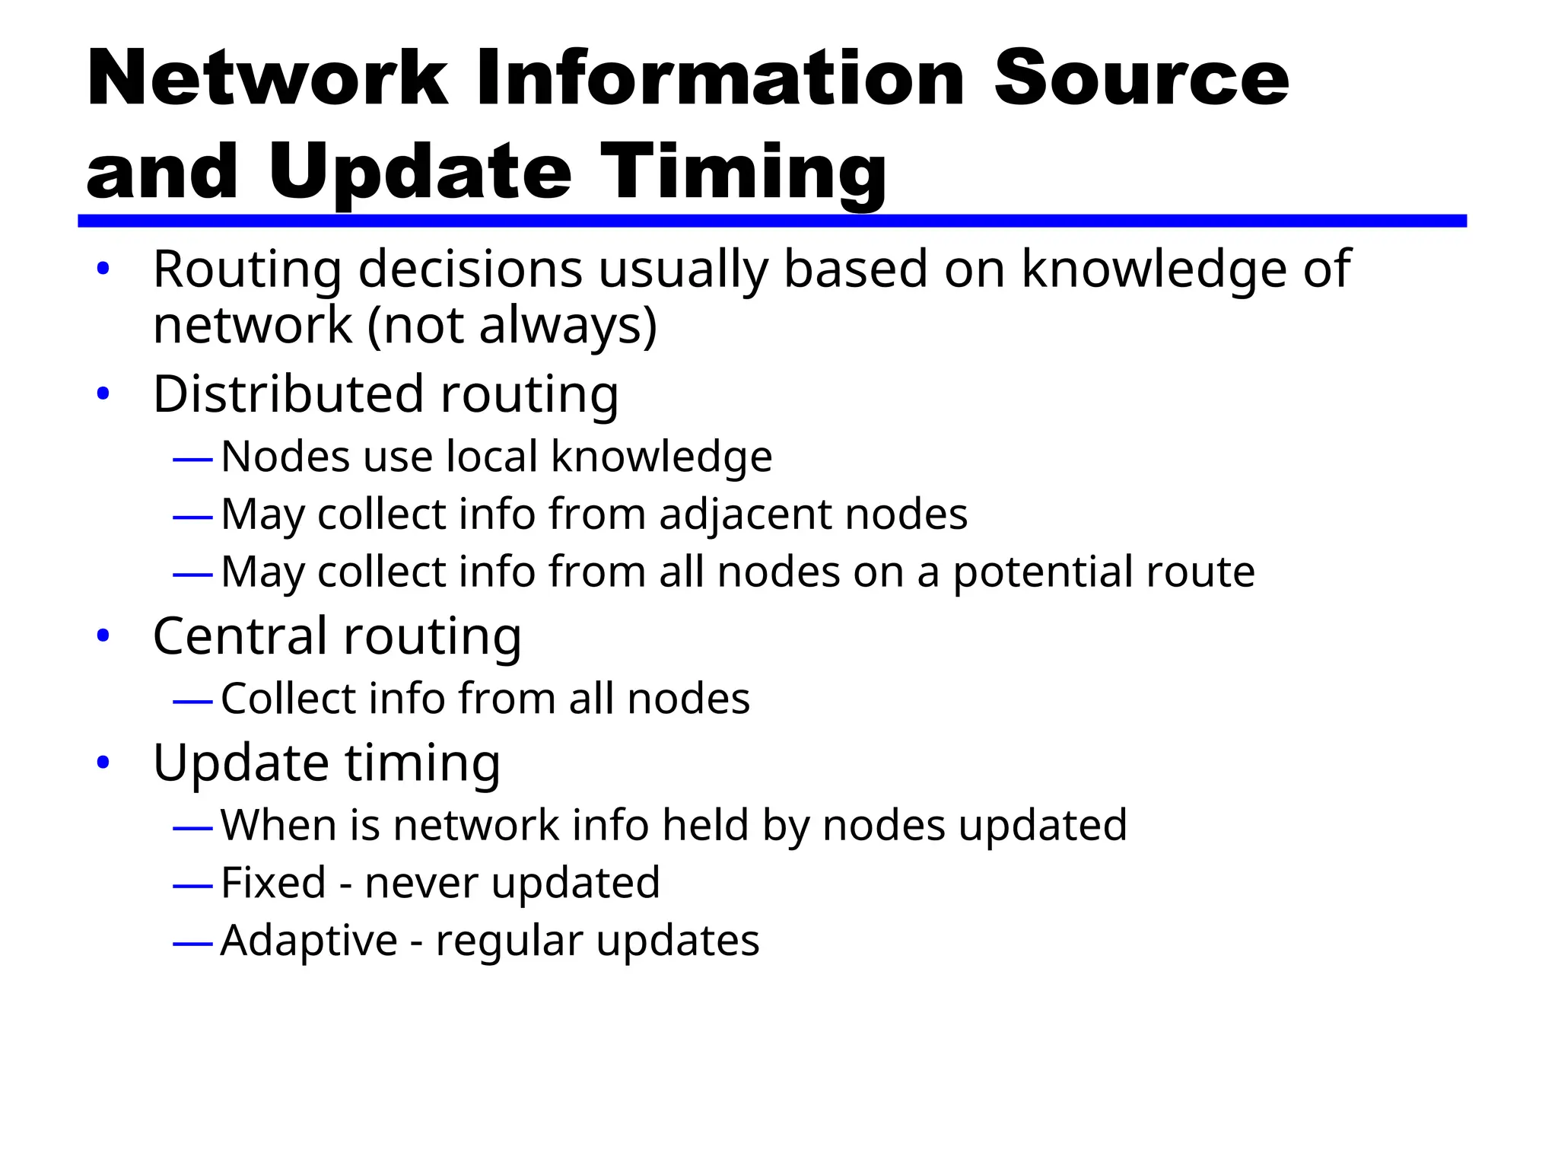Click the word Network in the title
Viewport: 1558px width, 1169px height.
coord(267,78)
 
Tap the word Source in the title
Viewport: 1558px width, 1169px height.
coord(1141,78)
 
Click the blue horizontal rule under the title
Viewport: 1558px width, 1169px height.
coord(771,221)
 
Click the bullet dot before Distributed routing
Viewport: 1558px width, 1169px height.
coord(103,394)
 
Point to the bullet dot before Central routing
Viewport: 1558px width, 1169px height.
coord(103,635)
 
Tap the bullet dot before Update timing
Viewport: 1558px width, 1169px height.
coord(103,762)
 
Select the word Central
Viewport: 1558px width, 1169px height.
coord(241,635)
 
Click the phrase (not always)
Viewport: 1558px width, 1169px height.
coord(512,326)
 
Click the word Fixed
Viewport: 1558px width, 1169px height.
coord(273,883)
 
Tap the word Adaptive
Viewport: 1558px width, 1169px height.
coord(309,941)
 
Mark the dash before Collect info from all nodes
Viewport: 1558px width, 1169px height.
coord(192,701)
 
